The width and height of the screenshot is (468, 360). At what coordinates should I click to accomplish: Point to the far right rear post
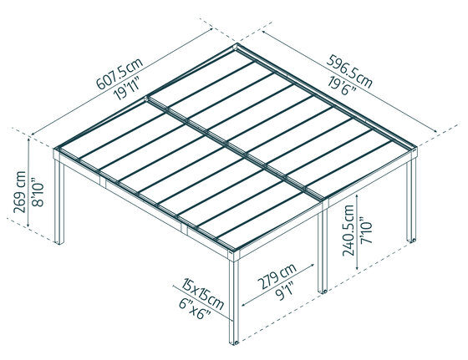click(x=410, y=200)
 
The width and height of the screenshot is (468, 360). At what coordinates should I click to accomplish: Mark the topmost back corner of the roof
click(x=242, y=50)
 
